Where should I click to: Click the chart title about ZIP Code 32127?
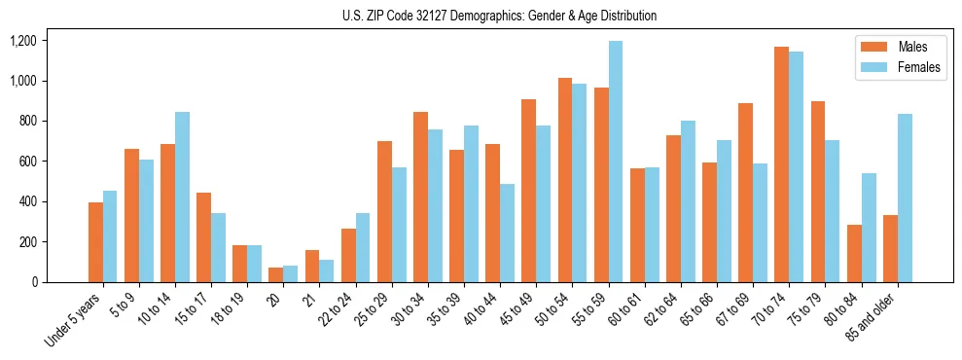coord(500,16)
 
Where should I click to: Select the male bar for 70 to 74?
coord(781,164)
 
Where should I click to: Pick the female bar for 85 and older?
coord(905,198)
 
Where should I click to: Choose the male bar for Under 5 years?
coord(95,242)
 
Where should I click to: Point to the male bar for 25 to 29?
coord(384,211)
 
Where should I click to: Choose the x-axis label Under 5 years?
coord(74,322)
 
